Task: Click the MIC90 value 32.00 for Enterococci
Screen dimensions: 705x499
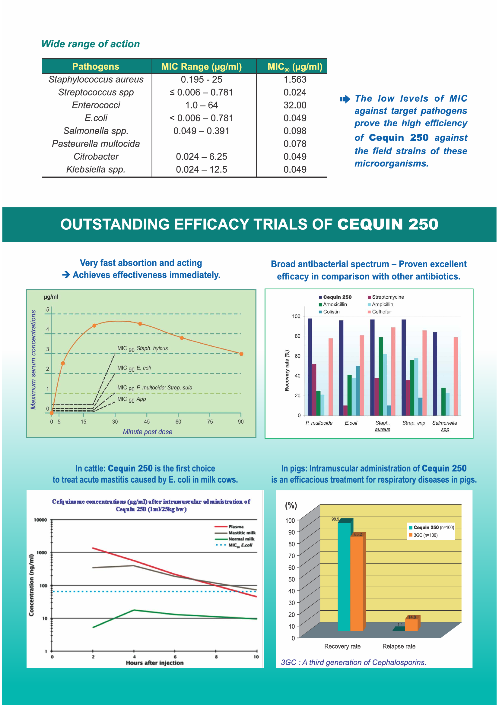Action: tap(295, 105)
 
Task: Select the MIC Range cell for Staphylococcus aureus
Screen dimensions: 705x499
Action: tap(201, 80)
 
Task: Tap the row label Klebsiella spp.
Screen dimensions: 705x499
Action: tap(96, 169)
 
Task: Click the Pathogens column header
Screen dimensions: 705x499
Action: tap(96, 67)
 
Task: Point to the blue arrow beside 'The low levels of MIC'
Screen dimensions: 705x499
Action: tap(345, 99)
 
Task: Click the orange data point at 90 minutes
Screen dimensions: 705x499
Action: tap(241, 354)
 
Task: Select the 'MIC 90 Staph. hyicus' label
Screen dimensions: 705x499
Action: tap(143, 348)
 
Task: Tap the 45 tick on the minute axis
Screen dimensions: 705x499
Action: tap(147, 422)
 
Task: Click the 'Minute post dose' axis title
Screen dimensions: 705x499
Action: tap(148, 432)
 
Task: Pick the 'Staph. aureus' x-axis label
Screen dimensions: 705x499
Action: tap(383, 426)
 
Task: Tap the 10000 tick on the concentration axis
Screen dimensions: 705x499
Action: tap(40, 520)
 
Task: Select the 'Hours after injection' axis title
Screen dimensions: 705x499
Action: tap(154, 663)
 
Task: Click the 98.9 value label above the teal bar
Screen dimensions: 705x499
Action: tap(335, 519)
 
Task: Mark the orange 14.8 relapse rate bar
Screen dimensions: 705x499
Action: tap(411, 625)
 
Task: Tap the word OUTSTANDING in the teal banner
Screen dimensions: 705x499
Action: tap(115, 224)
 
